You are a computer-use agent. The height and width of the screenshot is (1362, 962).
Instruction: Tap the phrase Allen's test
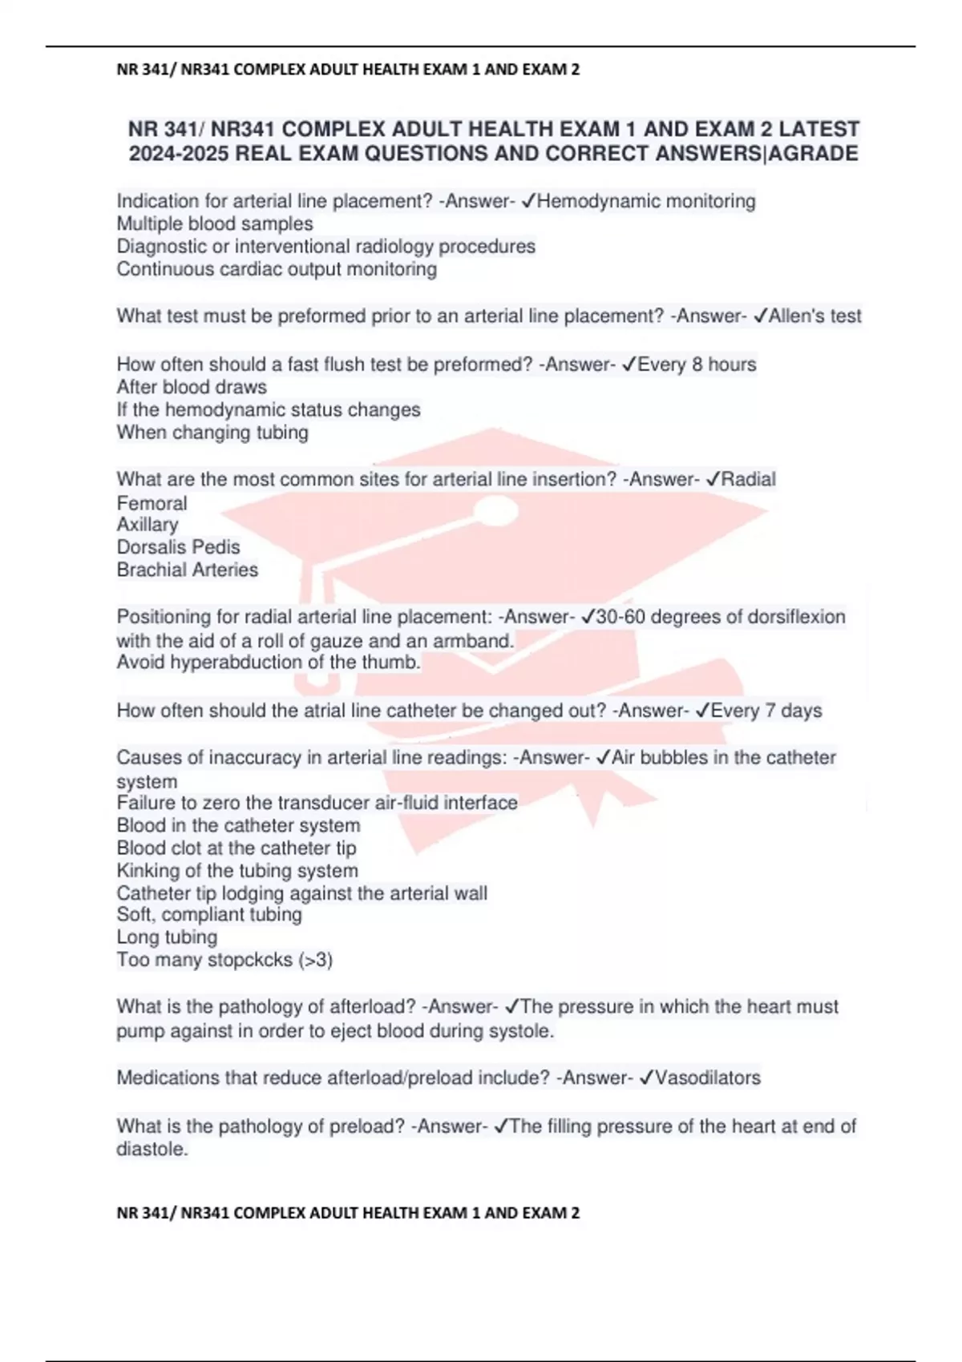pos(814,316)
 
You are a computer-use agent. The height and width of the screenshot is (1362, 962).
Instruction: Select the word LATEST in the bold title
pos(819,129)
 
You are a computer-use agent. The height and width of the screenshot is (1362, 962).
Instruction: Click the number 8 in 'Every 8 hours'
pos(697,365)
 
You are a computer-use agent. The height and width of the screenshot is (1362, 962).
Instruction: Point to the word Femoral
pos(152,503)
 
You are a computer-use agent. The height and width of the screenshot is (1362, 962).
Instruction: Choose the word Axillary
pos(148,525)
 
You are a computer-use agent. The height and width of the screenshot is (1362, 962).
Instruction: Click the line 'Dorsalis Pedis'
pos(178,547)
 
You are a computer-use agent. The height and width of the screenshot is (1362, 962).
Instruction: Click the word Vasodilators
pos(707,1078)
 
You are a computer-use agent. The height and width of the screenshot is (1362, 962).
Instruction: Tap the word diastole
pos(152,1149)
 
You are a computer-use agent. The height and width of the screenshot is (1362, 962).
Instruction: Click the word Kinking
pos(148,871)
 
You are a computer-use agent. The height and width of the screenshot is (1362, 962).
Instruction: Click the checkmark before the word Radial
pos(712,479)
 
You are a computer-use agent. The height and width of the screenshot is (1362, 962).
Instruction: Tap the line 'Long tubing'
pos(167,937)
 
